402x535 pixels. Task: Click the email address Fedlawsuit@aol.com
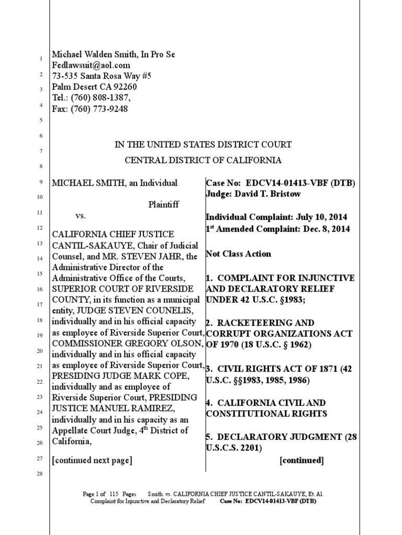91,65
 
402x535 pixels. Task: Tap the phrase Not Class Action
238,254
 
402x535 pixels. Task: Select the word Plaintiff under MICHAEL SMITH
164,205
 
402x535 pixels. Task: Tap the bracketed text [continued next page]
92,460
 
